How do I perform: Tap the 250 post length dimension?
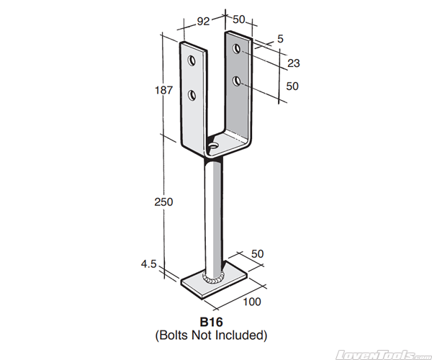pos(163,202)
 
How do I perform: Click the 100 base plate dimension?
pos(251,301)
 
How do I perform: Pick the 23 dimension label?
pos(293,63)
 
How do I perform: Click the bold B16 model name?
pos(211,321)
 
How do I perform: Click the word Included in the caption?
pos(243,335)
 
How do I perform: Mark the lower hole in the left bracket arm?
pos(192,94)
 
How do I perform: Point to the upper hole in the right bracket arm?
pos(237,48)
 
